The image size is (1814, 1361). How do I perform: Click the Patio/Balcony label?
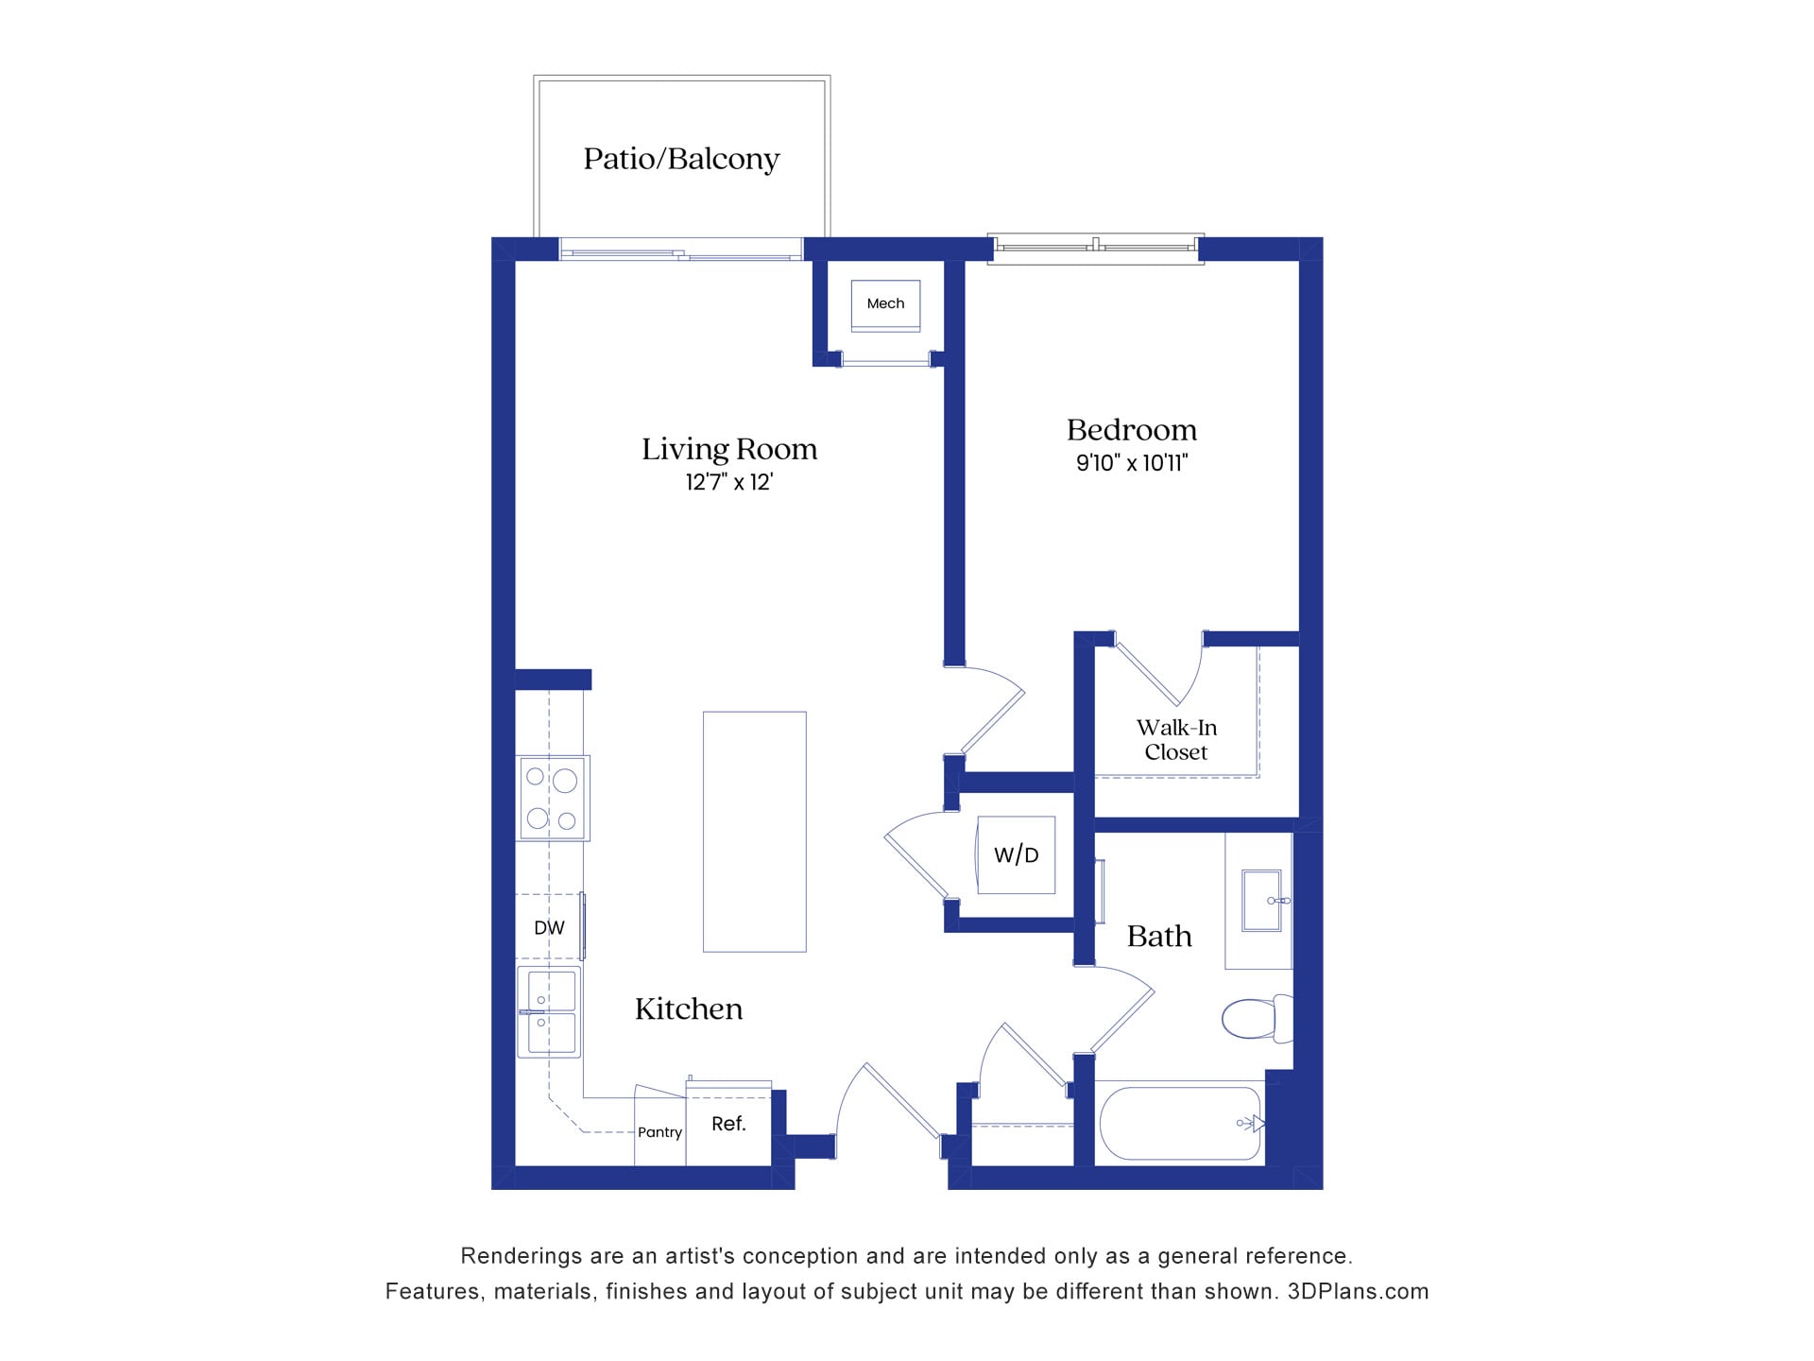[x=681, y=159]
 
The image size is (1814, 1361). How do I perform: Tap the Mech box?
[x=885, y=304]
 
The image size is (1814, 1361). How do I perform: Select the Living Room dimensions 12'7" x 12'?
[x=729, y=483]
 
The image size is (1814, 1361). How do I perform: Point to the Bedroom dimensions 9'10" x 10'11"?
[x=1131, y=463]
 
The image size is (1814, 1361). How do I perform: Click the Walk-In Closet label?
[x=1175, y=740]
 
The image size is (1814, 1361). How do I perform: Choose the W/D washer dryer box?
[x=1016, y=855]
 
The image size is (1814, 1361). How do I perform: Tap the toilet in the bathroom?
[x=1255, y=1019]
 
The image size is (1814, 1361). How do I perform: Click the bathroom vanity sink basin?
[x=1264, y=901]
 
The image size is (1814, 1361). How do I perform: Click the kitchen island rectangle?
[x=754, y=832]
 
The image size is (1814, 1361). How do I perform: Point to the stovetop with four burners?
[x=553, y=798]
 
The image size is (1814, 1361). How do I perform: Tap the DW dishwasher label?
[x=549, y=928]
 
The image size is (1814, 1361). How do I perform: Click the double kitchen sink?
[x=549, y=1011]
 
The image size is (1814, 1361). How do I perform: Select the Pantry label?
[x=659, y=1132]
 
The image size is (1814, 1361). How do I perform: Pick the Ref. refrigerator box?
[x=728, y=1124]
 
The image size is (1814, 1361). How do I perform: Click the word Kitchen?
[x=689, y=1009]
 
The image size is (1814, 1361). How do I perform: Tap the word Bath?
[x=1159, y=937]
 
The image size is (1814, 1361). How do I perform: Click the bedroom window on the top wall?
[x=1096, y=248]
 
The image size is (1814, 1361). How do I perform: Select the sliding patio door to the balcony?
[x=680, y=251]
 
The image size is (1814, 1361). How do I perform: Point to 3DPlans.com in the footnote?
[x=1358, y=1292]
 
